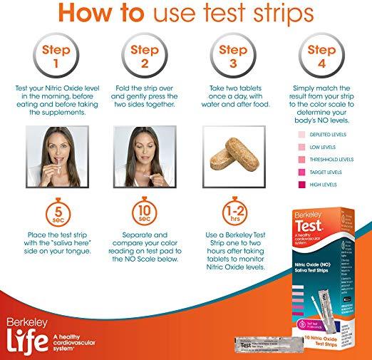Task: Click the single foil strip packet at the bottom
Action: click(x=264, y=345)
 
